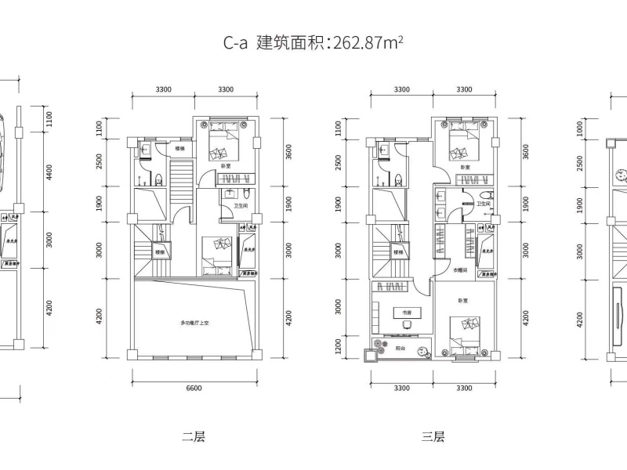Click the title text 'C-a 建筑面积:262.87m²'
[313, 44]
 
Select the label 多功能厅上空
[194, 323]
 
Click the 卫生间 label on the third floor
[484, 204]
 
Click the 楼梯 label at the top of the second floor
[179, 148]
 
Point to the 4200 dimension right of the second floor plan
[288, 317]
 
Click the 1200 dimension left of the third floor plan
[339, 344]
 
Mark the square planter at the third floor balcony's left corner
[368, 355]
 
